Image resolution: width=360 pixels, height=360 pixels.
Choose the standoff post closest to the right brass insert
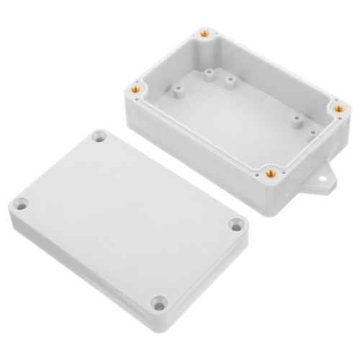click(296, 120)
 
